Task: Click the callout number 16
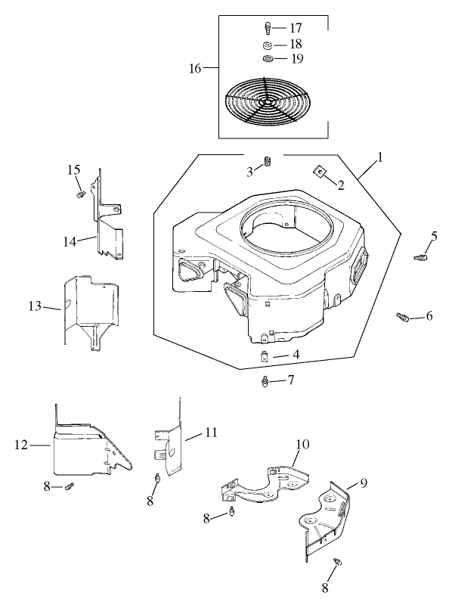pyautogui.click(x=195, y=69)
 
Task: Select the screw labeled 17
pyautogui.click(x=268, y=29)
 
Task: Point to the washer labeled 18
pyautogui.click(x=268, y=45)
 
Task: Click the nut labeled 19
pyautogui.click(x=268, y=59)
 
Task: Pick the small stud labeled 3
pyautogui.click(x=267, y=162)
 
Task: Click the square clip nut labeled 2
pyautogui.click(x=320, y=172)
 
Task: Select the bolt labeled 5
pyautogui.click(x=418, y=258)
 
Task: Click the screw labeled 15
pyautogui.click(x=79, y=194)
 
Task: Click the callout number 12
pyautogui.click(x=23, y=445)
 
